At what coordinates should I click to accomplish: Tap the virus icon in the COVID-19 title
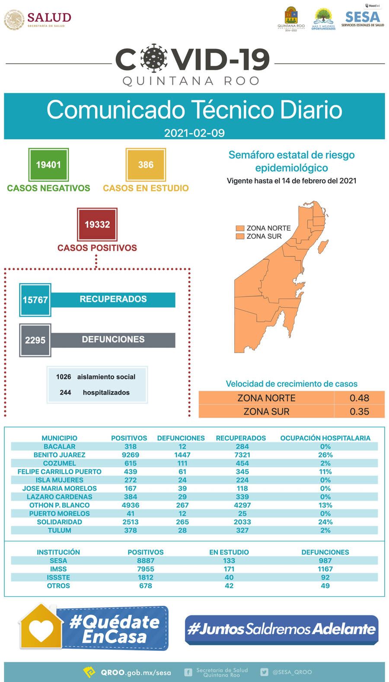154,59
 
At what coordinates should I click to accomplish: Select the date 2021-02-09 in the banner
194,132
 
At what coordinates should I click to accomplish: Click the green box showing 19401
48,164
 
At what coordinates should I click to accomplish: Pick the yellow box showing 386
146,164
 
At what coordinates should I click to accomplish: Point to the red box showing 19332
97,224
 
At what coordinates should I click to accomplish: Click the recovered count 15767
35,299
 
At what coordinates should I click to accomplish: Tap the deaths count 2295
35,340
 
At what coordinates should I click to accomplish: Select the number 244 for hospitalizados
65,392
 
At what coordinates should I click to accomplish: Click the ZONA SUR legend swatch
240,236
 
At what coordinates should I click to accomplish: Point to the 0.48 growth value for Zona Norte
359,398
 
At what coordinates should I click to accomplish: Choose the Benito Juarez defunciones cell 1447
182,455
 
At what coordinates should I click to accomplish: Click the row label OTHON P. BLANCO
59,505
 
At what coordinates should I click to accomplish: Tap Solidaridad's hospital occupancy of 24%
325,522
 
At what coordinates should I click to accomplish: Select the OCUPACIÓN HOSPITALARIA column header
325,438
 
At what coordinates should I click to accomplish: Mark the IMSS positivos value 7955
146,569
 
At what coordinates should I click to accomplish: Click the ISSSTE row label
58,577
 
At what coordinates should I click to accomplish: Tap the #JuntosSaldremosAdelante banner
281,629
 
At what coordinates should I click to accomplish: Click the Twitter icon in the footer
264,672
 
